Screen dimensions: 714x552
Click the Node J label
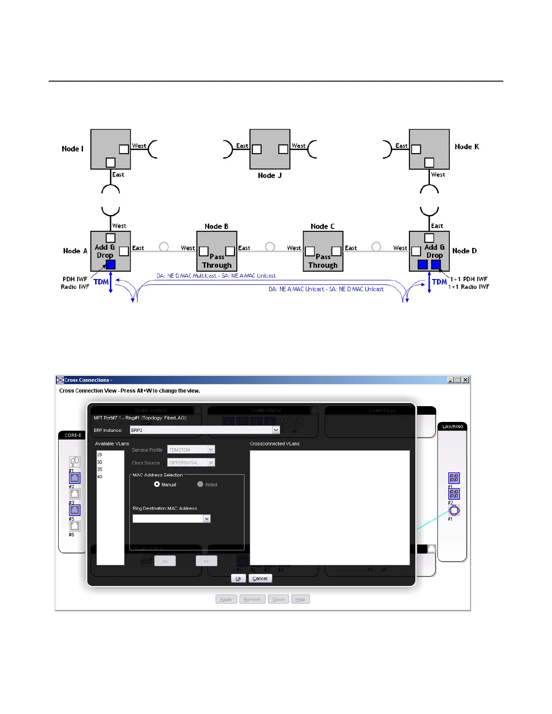point(270,175)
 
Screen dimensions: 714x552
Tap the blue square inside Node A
point(110,265)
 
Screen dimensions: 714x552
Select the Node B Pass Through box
point(217,252)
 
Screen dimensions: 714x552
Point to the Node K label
point(467,146)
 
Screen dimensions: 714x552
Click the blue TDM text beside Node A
point(101,282)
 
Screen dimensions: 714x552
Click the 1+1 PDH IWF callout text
point(469,279)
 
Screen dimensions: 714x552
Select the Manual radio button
point(157,484)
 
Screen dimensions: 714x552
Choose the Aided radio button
point(200,484)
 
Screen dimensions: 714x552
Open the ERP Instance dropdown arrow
point(276,430)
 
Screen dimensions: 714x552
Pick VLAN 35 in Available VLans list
point(100,469)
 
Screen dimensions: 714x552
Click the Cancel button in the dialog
point(260,578)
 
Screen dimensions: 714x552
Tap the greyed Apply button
point(226,599)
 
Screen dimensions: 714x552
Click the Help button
point(300,599)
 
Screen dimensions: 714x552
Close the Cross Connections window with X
point(465,380)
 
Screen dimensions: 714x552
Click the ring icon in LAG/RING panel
point(454,510)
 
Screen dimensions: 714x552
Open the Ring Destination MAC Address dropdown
point(207,519)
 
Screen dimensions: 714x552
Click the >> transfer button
point(165,561)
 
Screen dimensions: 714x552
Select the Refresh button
point(252,599)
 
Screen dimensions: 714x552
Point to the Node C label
point(322,226)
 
